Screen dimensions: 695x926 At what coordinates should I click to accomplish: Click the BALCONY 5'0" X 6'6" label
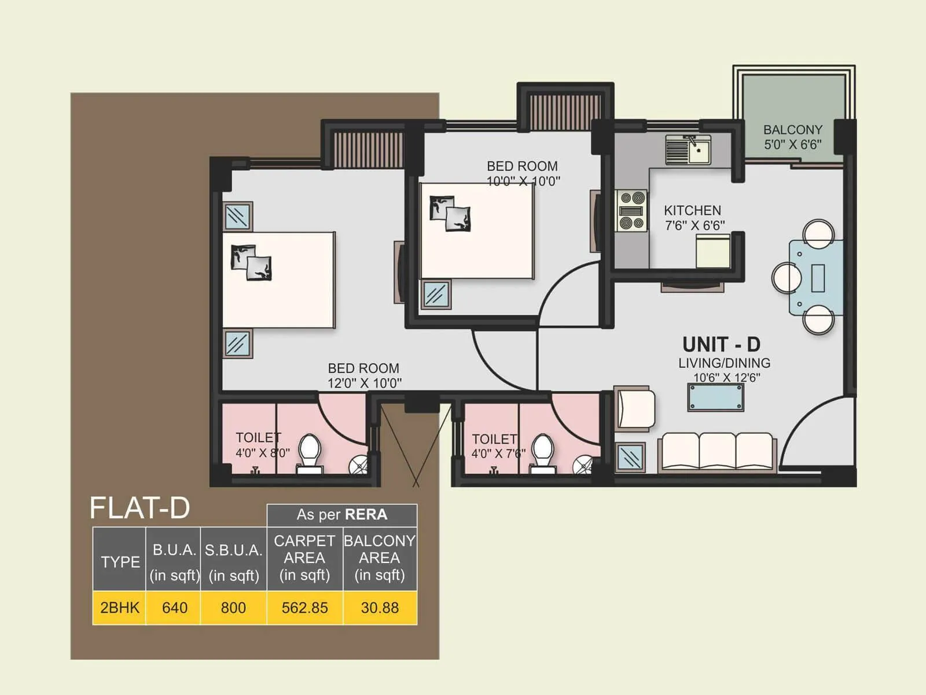click(x=792, y=137)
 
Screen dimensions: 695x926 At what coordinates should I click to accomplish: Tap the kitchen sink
click(x=688, y=150)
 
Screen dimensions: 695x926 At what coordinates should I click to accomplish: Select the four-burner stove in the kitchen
click(x=631, y=211)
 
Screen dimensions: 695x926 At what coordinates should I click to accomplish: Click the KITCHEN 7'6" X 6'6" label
click(x=693, y=218)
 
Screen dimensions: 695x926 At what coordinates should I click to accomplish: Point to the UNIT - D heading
click(x=721, y=345)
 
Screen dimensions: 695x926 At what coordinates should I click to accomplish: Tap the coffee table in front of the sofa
click(x=715, y=397)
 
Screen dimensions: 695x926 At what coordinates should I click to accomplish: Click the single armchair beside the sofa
click(x=635, y=409)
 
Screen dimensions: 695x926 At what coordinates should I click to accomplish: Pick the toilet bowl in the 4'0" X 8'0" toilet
click(x=310, y=452)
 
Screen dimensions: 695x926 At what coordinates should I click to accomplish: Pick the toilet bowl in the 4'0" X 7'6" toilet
click(x=542, y=452)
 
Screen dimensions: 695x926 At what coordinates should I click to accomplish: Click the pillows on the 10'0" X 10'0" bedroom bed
click(x=450, y=213)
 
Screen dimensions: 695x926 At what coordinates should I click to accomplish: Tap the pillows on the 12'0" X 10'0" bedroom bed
click(x=251, y=262)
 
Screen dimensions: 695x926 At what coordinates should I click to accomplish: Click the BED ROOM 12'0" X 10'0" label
click(x=364, y=375)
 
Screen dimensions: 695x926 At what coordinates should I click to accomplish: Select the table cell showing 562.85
click(x=304, y=608)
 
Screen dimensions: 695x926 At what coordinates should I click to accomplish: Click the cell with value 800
click(x=233, y=608)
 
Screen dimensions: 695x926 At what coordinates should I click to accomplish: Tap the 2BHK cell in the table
click(x=119, y=608)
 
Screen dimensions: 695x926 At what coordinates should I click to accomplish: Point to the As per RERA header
click(x=341, y=514)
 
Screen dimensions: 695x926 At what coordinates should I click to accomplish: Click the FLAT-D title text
click(x=139, y=508)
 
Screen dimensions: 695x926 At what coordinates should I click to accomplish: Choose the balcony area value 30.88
click(x=380, y=608)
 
